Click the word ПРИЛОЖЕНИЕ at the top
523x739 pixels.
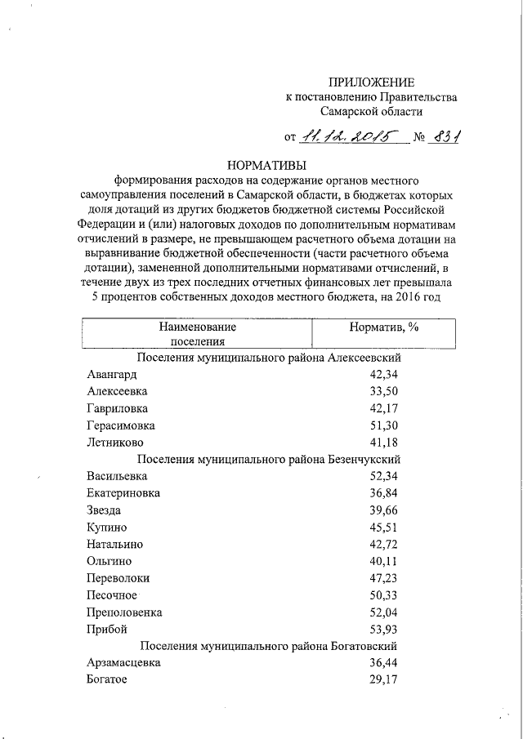pos(371,82)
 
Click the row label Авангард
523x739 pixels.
pos(111,375)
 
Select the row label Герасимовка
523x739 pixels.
pos(120,425)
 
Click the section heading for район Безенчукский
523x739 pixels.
pos(269,460)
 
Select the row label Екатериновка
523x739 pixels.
pos(123,493)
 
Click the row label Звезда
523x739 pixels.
pos(105,510)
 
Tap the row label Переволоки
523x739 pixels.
pos(118,578)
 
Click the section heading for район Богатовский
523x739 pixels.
pos(269,646)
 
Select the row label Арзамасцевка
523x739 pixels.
pos(123,663)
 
